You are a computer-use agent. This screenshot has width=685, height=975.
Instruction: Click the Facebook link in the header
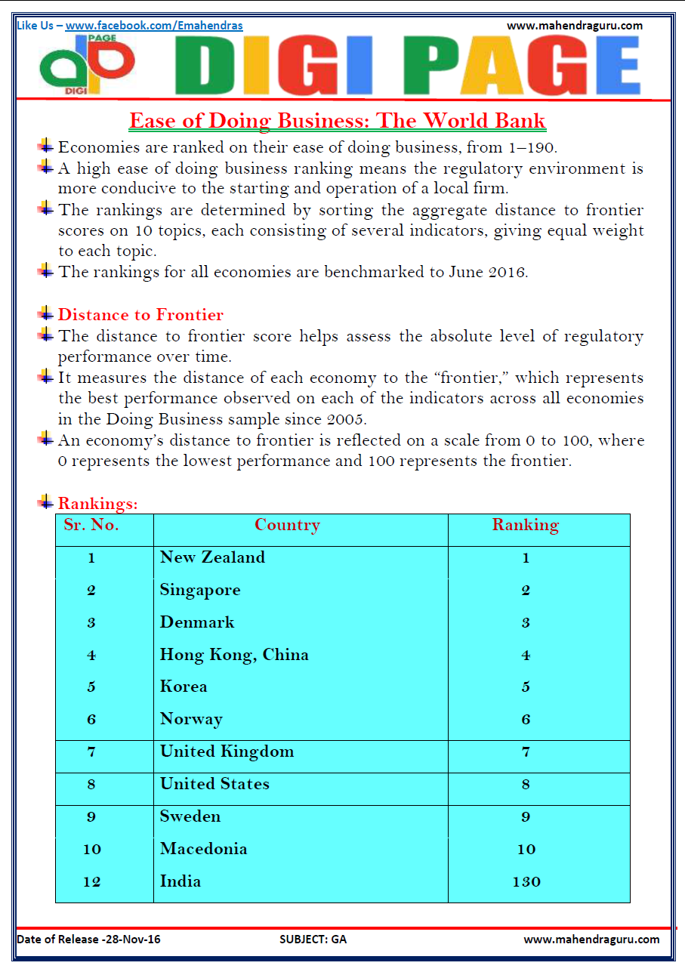(x=154, y=26)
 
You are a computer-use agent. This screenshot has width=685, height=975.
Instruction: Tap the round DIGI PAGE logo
(x=87, y=65)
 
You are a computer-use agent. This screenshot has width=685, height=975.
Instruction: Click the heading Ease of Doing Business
(x=337, y=121)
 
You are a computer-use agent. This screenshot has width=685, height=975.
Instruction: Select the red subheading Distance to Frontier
(x=140, y=315)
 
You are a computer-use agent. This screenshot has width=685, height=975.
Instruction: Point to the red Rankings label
(x=98, y=503)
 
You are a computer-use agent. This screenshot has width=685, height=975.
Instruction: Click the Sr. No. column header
(x=91, y=526)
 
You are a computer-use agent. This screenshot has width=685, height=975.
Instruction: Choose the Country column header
(x=287, y=526)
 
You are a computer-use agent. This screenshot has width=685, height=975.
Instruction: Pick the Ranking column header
(x=526, y=526)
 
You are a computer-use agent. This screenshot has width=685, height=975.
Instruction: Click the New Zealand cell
(x=212, y=557)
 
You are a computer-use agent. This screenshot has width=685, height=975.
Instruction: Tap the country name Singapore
(x=200, y=590)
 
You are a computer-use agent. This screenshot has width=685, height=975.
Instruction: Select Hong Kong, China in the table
(x=234, y=655)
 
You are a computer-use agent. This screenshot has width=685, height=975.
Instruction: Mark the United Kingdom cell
(x=227, y=751)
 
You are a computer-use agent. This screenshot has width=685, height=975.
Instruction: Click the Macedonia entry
(x=203, y=849)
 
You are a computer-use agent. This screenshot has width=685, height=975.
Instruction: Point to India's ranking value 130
(x=526, y=881)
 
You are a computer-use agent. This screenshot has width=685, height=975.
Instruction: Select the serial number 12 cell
(x=91, y=881)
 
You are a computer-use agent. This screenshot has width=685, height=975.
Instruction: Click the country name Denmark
(x=197, y=622)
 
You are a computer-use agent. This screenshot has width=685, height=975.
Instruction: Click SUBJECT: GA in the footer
(x=313, y=940)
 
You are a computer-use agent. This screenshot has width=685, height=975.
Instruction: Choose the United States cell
(x=214, y=784)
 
